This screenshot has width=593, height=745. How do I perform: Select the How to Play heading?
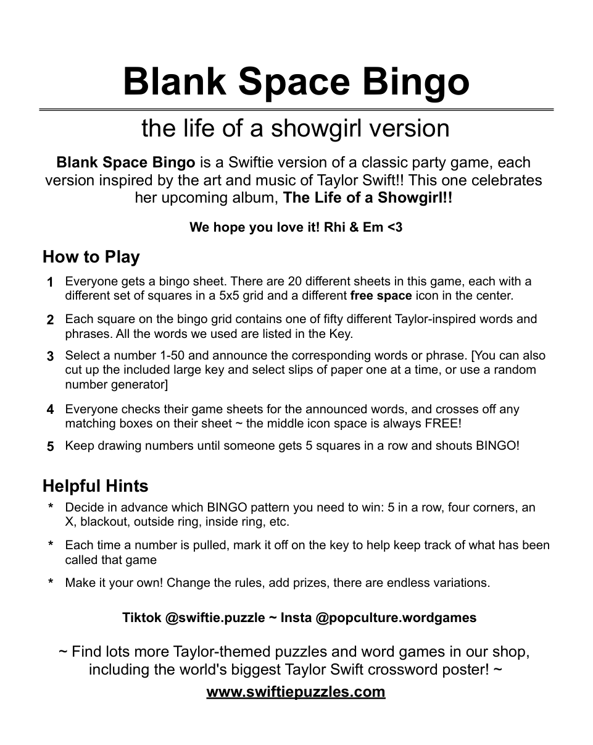(x=91, y=256)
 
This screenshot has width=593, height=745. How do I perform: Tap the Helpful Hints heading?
(x=96, y=486)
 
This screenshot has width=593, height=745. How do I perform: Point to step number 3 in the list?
(x=50, y=356)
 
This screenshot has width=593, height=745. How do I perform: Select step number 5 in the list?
(x=50, y=446)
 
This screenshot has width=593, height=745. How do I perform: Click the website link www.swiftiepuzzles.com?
(x=296, y=691)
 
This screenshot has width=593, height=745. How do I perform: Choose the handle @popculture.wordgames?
(x=396, y=618)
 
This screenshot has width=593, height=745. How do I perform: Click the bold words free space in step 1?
(x=381, y=296)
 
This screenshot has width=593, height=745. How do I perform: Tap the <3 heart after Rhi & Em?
(x=394, y=227)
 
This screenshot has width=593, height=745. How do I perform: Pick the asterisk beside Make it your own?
(x=51, y=583)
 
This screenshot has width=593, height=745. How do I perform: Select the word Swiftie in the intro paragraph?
(x=253, y=163)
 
